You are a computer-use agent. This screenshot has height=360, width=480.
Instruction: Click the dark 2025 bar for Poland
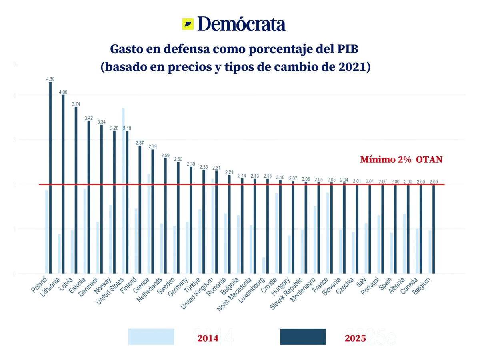click(x=50, y=178)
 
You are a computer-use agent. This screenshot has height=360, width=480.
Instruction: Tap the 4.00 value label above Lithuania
click(x=63, y=92)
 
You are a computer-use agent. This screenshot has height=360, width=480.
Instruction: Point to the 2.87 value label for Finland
click(x=140, y=143)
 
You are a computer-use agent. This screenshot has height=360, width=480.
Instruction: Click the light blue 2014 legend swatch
click(x=151, y=337)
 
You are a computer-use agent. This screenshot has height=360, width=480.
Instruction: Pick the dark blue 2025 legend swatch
click(x=303, y=337)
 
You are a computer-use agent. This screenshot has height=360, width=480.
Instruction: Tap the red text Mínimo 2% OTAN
click(x=401, y=160)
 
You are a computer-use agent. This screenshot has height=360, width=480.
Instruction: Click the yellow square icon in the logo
click(x=188, y=24)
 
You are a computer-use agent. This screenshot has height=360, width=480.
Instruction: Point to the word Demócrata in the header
click(x=242, y=24)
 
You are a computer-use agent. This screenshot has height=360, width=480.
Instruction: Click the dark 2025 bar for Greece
click(x=152, y=212)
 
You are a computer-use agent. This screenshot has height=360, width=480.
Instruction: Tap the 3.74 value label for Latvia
click(x=76, y=104)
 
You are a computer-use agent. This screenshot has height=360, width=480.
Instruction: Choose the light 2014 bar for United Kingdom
click(x=212, y=226)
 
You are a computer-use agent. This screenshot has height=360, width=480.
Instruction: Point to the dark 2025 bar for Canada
click(x=421, y=229)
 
